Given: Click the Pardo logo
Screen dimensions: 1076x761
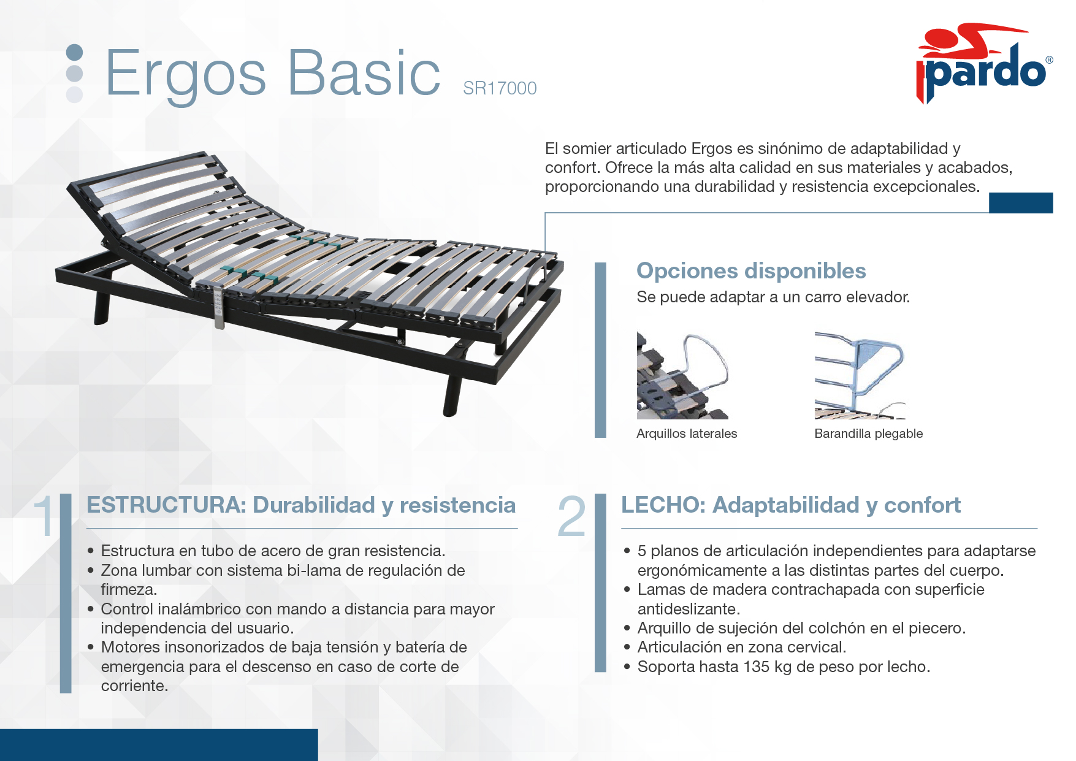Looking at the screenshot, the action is click(x=985, y=64).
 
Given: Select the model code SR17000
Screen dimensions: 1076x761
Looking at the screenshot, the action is click(x=500, y=88).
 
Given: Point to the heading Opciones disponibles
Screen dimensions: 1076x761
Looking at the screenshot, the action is click(x=751, y=270).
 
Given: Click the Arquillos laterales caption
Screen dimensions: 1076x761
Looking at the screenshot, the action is click(x=687, y=434).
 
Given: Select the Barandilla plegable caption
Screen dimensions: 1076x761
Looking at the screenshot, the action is click(x=868, y=434).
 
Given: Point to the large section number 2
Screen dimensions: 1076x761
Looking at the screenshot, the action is click(x=571, y=516).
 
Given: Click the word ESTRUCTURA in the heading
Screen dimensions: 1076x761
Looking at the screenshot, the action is click(x=166, y=505).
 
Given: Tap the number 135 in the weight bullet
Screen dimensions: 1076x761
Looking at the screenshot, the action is click(x=756, y=667).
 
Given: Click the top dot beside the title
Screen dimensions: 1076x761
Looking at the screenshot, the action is click(x=74, y=53).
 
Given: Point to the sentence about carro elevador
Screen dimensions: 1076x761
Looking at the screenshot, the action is click(x=773, y=297).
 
